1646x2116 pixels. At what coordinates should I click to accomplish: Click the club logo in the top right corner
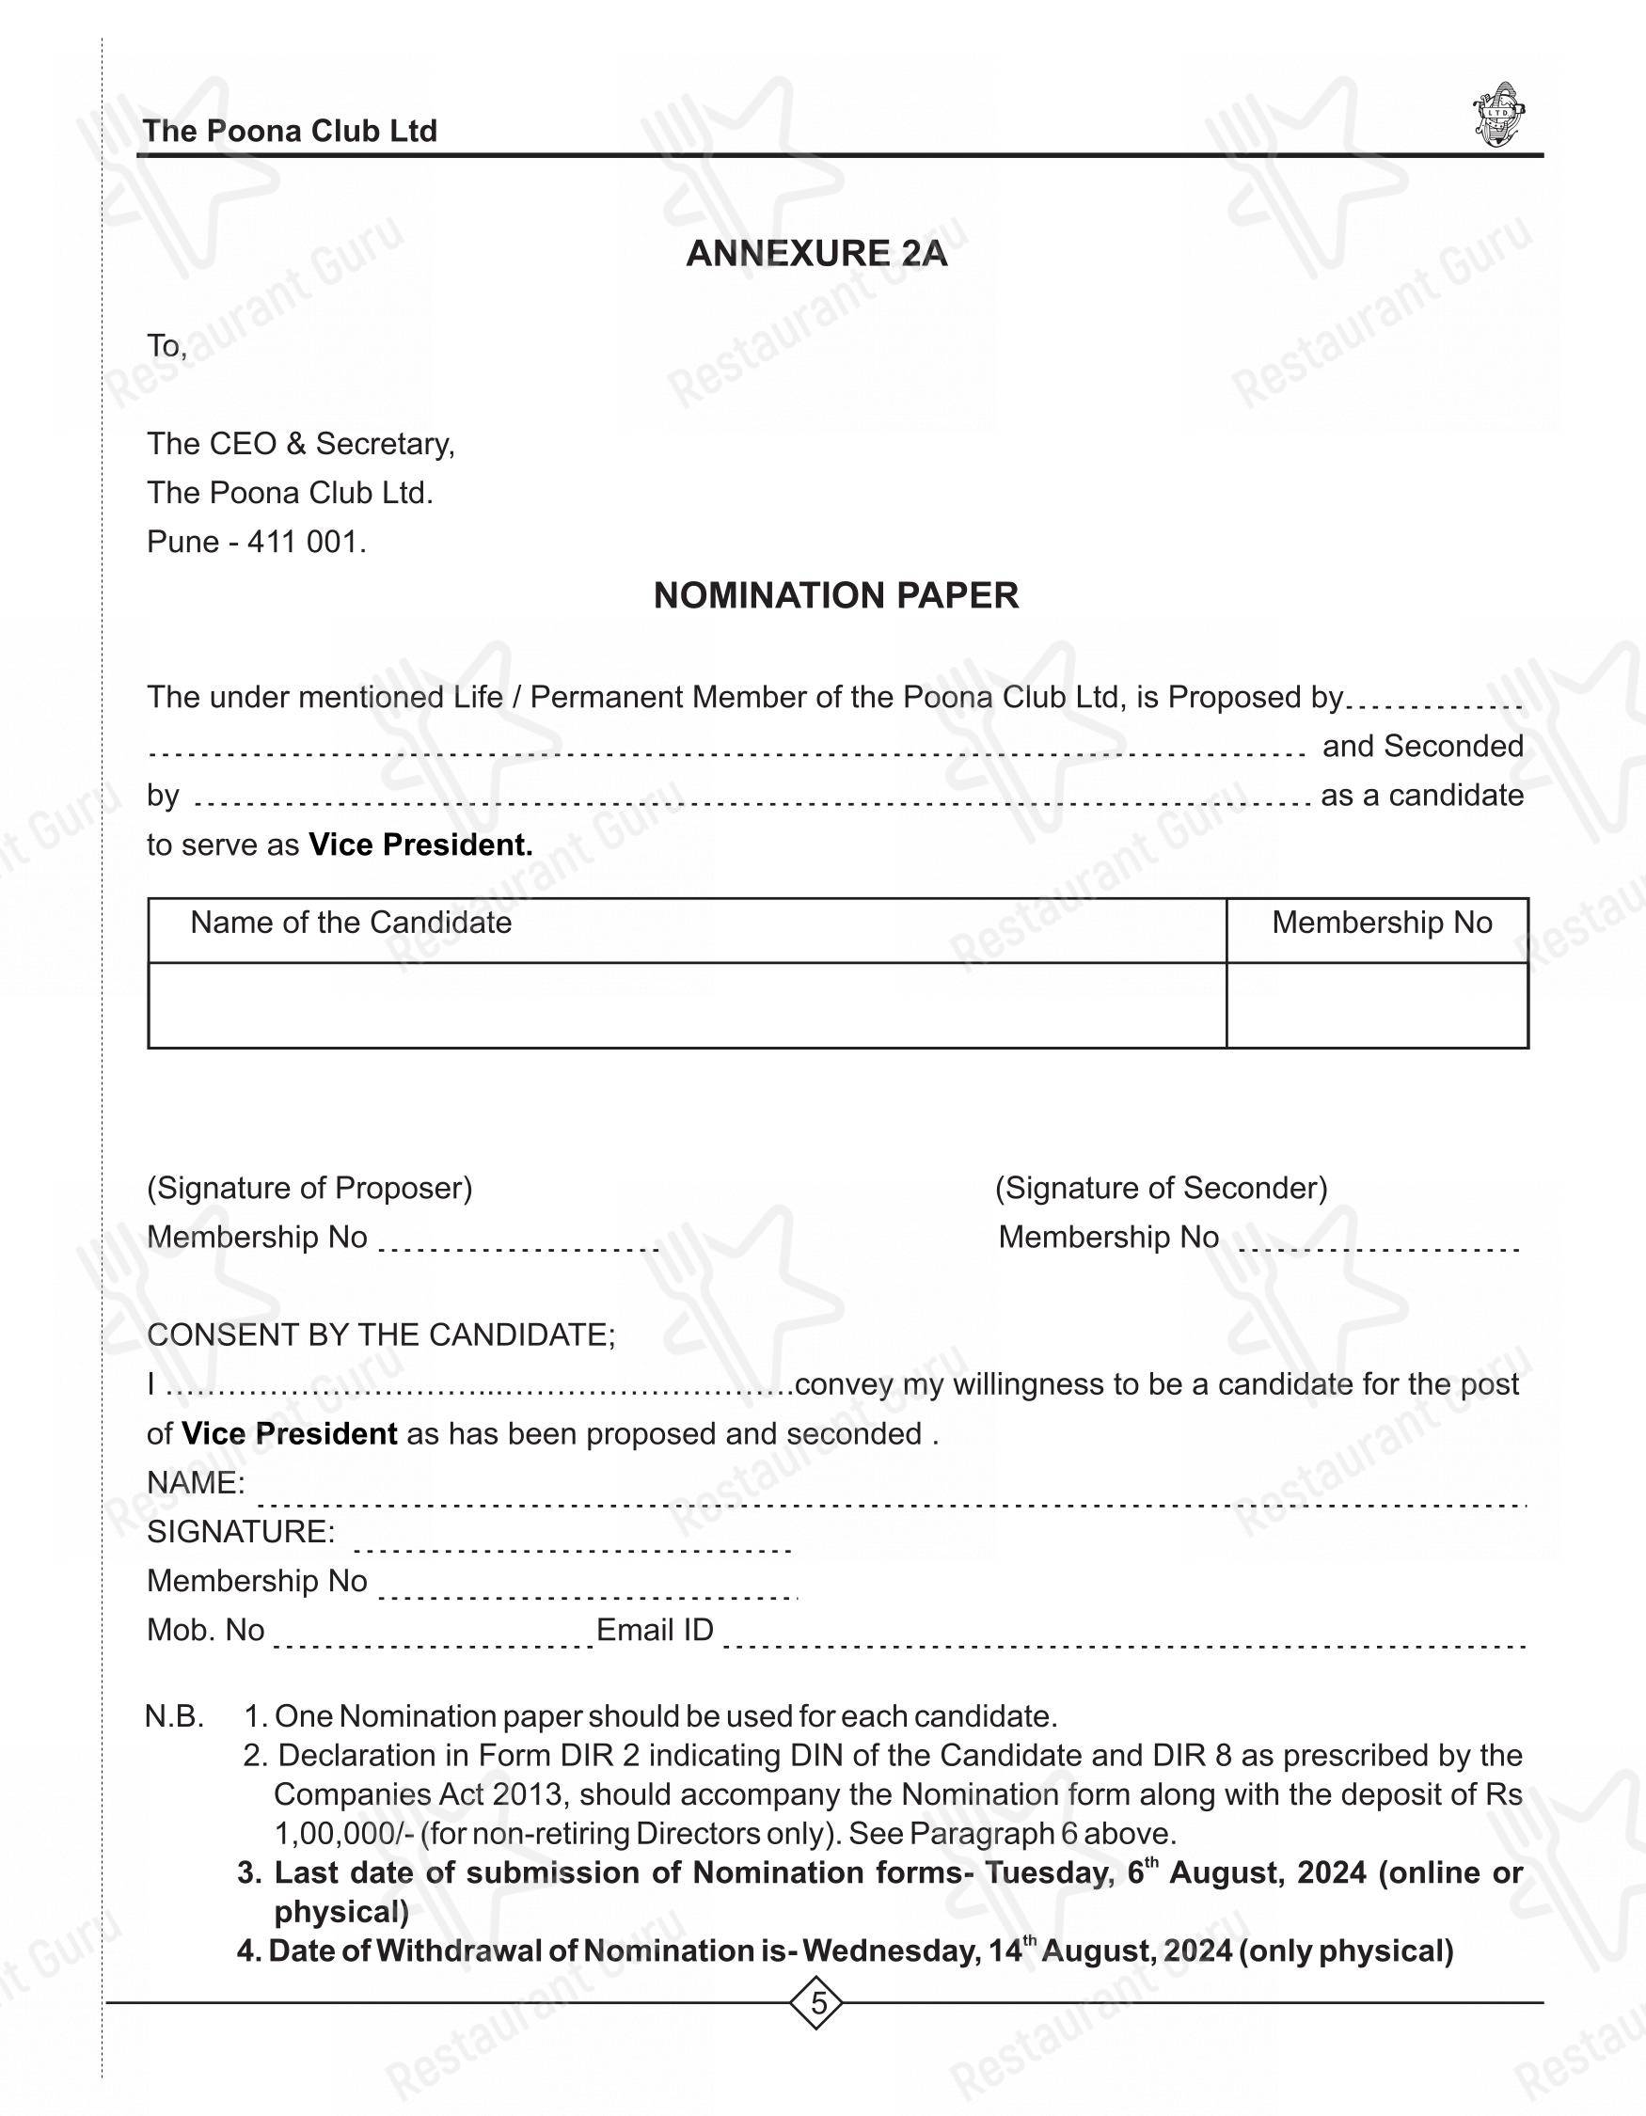click(x=1498, y=116)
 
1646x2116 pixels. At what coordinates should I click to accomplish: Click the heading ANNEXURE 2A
click(x=815, y=254)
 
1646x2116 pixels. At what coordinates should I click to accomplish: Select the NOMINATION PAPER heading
click(x=835, y=596)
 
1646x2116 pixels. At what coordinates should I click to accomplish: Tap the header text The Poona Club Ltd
click(x=290, y=131)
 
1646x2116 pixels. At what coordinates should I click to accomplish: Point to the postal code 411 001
click(x=305, y=542)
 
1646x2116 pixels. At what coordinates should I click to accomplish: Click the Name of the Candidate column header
click(x=351, y=923)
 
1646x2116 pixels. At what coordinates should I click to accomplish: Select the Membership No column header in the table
click(x=1381, y=923)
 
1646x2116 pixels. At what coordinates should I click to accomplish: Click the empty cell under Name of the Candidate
click(x=686, y=1004)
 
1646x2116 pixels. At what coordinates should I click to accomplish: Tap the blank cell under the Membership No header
click(x=1377, y=1004)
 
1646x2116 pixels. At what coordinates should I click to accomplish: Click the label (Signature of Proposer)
click(x=309, y=1188)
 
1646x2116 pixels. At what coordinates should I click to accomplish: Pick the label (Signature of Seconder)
click(x=1161, y=1188)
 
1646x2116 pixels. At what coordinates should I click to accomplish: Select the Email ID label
click(x=655, y=1631)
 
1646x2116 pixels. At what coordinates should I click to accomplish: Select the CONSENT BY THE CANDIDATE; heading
click(x=381, y=1335)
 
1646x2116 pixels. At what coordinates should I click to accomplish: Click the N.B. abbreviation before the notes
click(x=174, y=1717)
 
